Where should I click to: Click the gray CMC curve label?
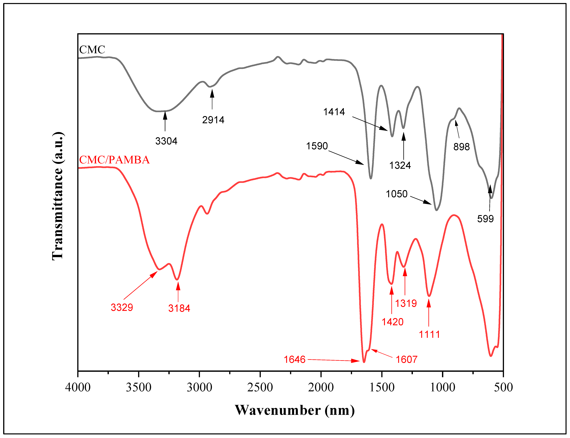click(x=92, y=50)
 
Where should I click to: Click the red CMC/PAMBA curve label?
click(x=114, y=160)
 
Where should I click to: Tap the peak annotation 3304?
click(x=166, y=141)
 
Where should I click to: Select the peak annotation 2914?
click(x=213, y=120)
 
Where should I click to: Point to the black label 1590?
click(x=317, y=146)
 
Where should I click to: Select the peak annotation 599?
click(x=485, y=219)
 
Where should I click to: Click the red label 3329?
click(x=122, y=307)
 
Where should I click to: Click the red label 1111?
click(x=429, y=334)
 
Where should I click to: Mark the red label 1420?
click(x=393, y=322)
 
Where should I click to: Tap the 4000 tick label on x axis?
click(x=78, y=387)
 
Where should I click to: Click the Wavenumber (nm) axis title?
click(x=295, y=410)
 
